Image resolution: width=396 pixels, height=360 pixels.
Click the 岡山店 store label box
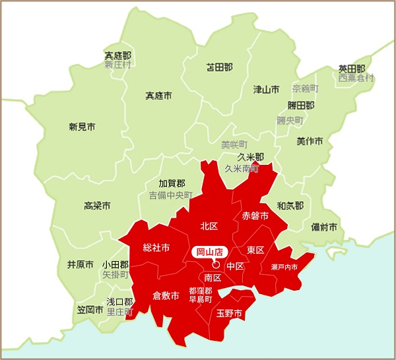click(209, 251)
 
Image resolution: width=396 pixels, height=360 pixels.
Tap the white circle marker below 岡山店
click(216, 264)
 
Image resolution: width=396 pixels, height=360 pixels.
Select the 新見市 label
click(82, 127)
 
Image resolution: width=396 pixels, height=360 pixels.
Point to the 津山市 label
click(266, 89)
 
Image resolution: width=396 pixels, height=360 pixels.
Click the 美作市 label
click(310, 141)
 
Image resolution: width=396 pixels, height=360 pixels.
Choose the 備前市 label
click(324, 227)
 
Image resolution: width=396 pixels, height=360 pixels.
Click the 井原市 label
click(81, 264)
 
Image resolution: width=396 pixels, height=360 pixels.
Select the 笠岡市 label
click(90, 309)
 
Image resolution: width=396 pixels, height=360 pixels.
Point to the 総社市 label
click(156, 248)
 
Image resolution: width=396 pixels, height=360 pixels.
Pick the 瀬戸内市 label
click(284, 267)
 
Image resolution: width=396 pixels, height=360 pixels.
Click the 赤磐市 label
click(255, 216)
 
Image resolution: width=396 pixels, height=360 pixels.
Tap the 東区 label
click(255, 250)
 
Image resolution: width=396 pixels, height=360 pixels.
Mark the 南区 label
click(213, 277)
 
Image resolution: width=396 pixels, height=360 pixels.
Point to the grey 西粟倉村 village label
click(356, 78)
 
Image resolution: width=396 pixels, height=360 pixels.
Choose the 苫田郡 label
click(219, 67)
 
